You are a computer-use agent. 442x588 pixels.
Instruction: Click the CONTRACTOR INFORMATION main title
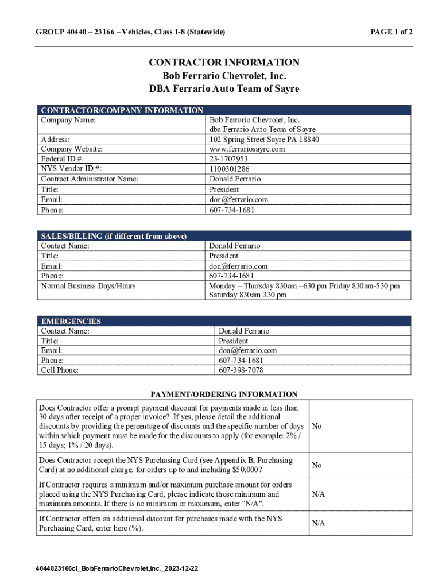(224, 63)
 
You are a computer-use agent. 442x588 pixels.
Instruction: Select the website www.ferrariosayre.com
(247, 149)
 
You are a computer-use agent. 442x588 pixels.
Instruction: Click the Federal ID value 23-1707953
(228, 159)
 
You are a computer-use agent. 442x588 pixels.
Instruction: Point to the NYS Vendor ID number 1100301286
(230, 169)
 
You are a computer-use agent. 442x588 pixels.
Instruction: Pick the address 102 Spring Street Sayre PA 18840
(264, 140)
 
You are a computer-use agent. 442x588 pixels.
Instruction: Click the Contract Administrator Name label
(90, 179)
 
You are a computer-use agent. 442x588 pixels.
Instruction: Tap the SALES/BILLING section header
(114, 236)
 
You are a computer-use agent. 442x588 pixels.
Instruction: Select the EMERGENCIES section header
(71, 322)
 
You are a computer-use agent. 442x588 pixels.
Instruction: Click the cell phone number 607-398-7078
(241, 370)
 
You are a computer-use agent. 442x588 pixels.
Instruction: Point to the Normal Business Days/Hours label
(88, 285)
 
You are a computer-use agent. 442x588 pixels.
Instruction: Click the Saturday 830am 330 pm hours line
(247, 295)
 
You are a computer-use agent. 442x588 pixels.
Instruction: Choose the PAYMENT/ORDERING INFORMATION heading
(224, 394)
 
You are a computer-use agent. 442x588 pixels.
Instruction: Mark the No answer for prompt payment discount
(316, 427)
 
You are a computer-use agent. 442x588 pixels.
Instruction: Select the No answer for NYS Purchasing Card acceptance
(316, 465)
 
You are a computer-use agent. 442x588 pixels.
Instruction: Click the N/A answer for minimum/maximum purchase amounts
(319, 494)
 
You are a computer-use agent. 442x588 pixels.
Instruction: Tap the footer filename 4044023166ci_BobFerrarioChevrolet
(117, 568)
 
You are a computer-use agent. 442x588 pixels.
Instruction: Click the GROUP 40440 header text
(130, 32)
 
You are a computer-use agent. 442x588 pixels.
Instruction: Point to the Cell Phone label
(60, 370)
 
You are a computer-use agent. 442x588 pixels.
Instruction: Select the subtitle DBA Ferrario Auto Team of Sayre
(224, 89)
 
